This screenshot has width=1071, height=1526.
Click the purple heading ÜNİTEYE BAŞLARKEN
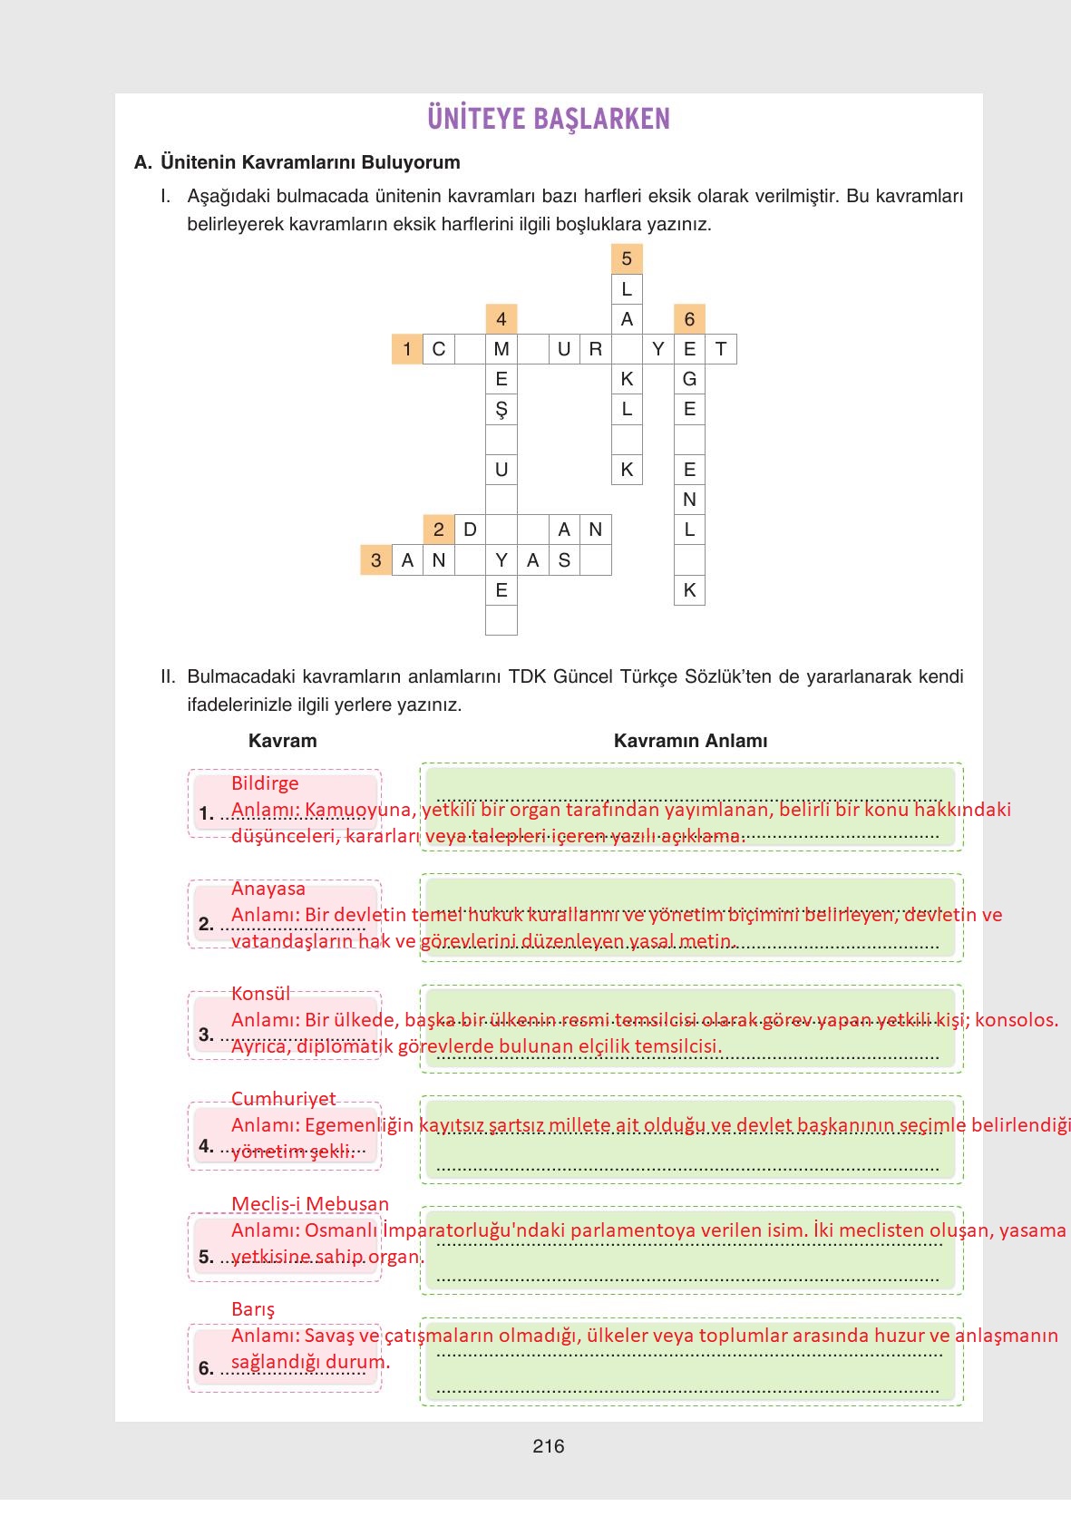pos(548,119)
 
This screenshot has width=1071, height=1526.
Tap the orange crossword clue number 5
pos(627,259)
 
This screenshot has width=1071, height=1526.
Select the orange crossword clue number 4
pos(501,319)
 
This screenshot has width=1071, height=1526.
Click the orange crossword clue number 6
pos(689,319)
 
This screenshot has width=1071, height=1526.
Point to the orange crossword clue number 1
pos(407,349)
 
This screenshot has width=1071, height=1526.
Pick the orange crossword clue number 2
pos(439,530)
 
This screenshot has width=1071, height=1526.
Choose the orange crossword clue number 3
pos(376,560)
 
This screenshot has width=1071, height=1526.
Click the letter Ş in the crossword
pos(501,410)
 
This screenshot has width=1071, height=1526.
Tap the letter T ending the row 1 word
pos(721,349)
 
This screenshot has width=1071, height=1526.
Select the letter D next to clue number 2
pos(470,530)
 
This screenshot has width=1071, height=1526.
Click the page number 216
pos(549,1446)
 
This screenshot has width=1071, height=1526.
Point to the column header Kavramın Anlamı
pos(690,741)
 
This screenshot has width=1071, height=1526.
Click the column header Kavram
pos(283,741)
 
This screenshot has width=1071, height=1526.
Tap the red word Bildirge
pos(265,782)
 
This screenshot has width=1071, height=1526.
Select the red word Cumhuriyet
pos(283,1098)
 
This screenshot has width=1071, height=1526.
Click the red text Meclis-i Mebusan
pos(310,1204)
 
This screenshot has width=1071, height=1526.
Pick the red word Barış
pos(253,1309)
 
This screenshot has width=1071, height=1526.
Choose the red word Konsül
pos(260,993)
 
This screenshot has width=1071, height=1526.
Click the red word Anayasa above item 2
pos(268,888)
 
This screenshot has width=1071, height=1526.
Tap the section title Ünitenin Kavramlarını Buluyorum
pos(310,162)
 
